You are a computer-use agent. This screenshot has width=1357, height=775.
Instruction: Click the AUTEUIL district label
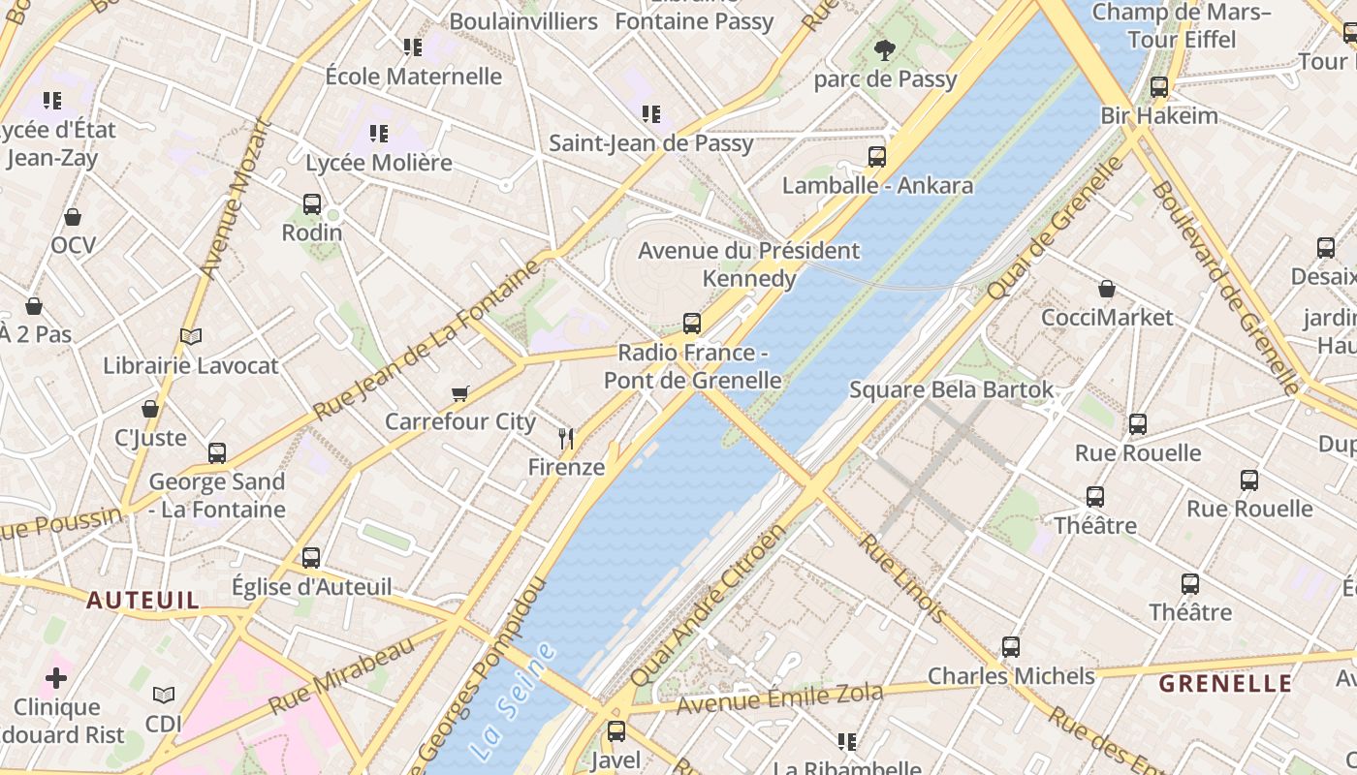[x=142, y=601]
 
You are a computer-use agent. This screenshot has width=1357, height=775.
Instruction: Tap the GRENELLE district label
[x=1225, y=683]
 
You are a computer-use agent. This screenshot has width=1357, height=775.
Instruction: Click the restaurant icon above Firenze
[x=566, y=439]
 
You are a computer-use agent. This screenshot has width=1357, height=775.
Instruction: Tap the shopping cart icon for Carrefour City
[x=459, y=393]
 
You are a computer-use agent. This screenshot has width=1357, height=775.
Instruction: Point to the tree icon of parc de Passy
[x=884, y=50]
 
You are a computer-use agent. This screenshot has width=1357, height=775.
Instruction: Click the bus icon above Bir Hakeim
[x=1159, y=87]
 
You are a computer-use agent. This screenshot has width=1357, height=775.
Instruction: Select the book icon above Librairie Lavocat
[x=191, y=337]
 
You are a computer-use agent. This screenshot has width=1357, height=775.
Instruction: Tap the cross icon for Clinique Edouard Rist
[x=56, y=677]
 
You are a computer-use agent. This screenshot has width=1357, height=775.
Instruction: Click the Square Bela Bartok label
[x=951, y=389]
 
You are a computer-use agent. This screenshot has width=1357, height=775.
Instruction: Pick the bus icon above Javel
[x=616, y=731]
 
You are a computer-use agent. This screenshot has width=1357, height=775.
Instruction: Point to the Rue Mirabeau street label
[x=342, y=674]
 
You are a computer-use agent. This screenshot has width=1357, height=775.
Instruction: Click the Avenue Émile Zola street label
[x=779, y=697]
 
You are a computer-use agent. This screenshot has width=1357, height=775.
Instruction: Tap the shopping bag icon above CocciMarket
[x=1107, y=289]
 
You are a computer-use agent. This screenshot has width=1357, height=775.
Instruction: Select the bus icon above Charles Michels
[x=1011, y=647]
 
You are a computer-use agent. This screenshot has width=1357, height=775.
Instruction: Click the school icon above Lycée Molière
[x=378, y=134]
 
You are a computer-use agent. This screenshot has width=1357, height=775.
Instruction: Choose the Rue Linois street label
[x=900, y=578]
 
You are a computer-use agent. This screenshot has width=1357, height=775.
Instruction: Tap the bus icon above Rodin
[x=312, y=204]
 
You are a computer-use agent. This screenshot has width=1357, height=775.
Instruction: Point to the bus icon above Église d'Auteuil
[x=311, y=558]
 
